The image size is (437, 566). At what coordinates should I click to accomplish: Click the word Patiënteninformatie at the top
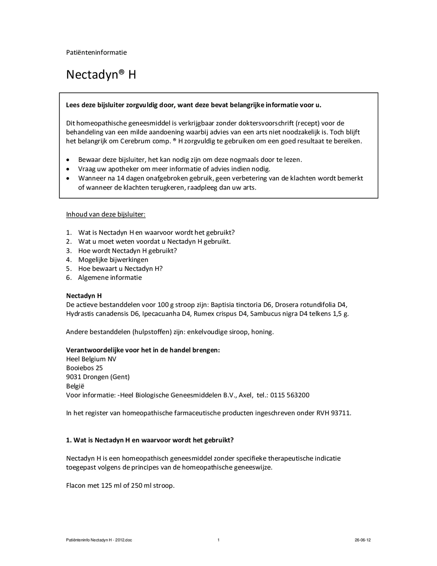coord(96,52)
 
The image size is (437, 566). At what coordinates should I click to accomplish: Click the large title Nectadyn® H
coord(101,75)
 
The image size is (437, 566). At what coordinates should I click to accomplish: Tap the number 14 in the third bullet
coord(121,178)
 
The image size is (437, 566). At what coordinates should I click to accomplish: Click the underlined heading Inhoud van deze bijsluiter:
coord(106,214)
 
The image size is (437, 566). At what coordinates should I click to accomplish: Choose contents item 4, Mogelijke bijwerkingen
coord(113,259)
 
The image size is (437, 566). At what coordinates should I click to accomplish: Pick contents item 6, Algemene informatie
coord(110,277)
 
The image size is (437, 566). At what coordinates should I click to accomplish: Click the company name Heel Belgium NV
coord(91,359)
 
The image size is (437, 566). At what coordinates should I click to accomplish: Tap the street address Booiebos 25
coord(84,368)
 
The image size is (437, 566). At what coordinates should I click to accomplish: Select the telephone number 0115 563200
coord(290,395)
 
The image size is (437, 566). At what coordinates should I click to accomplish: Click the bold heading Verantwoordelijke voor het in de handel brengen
coord(143,350)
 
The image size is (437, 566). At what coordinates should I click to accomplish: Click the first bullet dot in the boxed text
coord(68,160)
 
